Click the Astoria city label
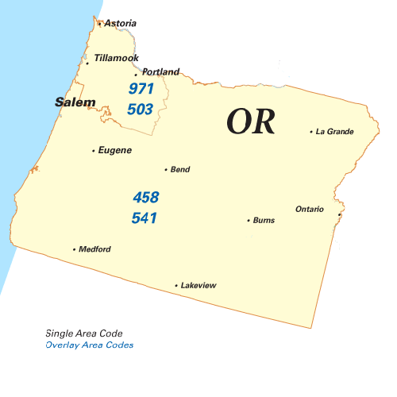[x=120, y=23]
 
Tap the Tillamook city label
[x=116, y=58]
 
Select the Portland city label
[x=160, y=71]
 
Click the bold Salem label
[x=75, y=102]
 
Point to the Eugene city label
[x=114, y=150]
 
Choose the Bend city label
[x=180, y=169]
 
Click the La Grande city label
[x=334, y=131]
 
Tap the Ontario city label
[x=310, y=209]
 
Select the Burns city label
[x=264, y=220]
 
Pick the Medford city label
[x=94, y=249]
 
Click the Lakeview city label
[x=198, y=285]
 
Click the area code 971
[x=141, y=88]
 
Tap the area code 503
[x=141, y=108]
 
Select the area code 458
[x=145, y=197]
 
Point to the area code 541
[x=145, y=217]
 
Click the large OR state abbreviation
[x=251, y=121]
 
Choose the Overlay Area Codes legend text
[x=90, y=345]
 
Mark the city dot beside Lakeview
[x=176, y=285]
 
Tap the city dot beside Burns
[x=249, y=220]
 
